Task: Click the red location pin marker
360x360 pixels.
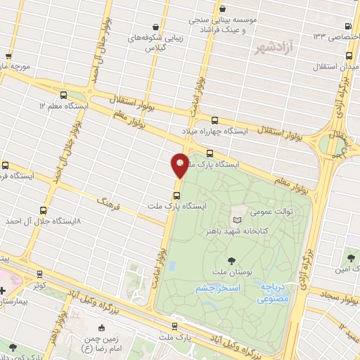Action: point(180,166)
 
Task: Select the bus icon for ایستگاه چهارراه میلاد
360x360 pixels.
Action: point(215,120)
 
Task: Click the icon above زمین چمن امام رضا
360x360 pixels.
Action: point(103,327)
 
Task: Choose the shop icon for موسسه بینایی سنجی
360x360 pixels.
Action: point(223,9)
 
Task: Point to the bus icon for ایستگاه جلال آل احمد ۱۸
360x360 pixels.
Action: point(44,210)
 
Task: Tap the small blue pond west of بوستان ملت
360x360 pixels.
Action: point(172,266)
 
